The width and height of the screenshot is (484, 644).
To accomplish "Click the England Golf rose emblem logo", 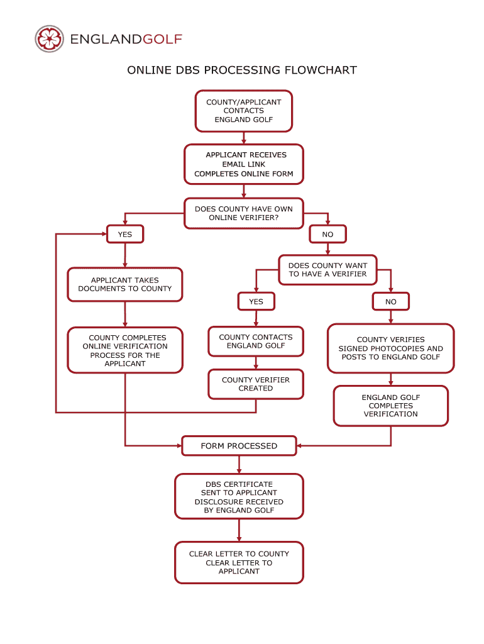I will coord(50,40).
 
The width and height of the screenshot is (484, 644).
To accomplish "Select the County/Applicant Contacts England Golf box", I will coord(244,111).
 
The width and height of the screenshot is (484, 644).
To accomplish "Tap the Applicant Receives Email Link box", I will coord(244,164).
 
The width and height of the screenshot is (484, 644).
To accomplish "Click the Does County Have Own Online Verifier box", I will coord(244,214).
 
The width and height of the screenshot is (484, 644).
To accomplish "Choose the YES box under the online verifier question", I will coord(125,235).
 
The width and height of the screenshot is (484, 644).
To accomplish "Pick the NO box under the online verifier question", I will coord(327,235).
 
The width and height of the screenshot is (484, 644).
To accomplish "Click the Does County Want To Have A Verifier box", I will coord(327,270).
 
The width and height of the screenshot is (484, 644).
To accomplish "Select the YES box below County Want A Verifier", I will coord(256,302).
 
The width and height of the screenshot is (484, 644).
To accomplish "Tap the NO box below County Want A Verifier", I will coord(391,302).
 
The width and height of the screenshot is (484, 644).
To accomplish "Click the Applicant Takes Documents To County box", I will coord(125,284).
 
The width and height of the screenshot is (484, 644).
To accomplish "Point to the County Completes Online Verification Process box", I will coord(125,350).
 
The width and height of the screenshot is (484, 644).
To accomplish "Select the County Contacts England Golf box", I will coord(256,341).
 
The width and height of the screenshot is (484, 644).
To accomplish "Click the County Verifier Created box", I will coord(256,384).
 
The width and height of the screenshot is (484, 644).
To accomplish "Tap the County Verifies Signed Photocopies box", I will coord(390,348).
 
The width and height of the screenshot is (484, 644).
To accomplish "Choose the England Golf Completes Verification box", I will coord(390,406).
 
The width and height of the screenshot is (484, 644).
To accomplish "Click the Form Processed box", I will coord(239,446).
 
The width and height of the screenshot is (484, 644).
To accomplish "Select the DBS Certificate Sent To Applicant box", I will coord(239,497).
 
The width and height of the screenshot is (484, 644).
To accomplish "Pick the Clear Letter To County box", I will coord(239,563).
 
